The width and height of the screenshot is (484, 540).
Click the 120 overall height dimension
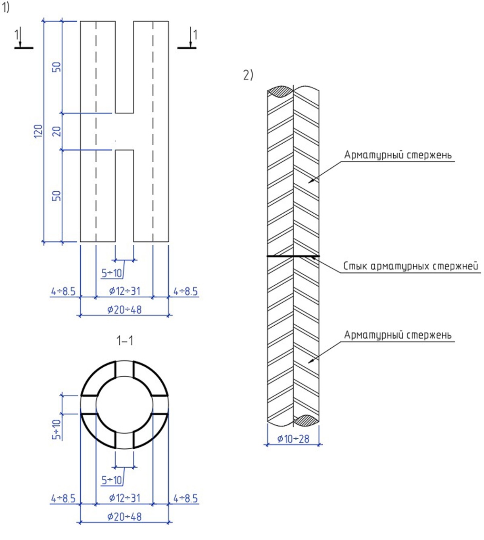(x=38, y=131)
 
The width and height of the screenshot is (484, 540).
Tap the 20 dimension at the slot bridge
(x=57, y=131)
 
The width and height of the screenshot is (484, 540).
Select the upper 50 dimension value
(x=57, y=67)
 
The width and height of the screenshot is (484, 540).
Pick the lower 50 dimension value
(x=57, y=196)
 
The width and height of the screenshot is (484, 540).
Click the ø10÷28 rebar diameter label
(x=293, y=439)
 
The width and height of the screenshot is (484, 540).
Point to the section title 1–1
(x=125, y=341)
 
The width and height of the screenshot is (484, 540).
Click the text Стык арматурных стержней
(x=411, y=266)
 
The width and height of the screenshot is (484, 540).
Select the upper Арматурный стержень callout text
(x=398, y=155)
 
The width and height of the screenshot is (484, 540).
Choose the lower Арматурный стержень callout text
(x=398, y=335)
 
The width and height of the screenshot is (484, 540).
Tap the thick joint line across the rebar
(x=293, y=256)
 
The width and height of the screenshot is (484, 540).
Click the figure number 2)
(x=248, y=75)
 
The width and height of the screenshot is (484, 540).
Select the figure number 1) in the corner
(x=5, y=7)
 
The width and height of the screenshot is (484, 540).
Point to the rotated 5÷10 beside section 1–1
(x=56, y=429)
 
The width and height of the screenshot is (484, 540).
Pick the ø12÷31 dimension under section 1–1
(x=125, y=498)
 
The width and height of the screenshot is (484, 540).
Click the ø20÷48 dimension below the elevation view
(x=125, y=310)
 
